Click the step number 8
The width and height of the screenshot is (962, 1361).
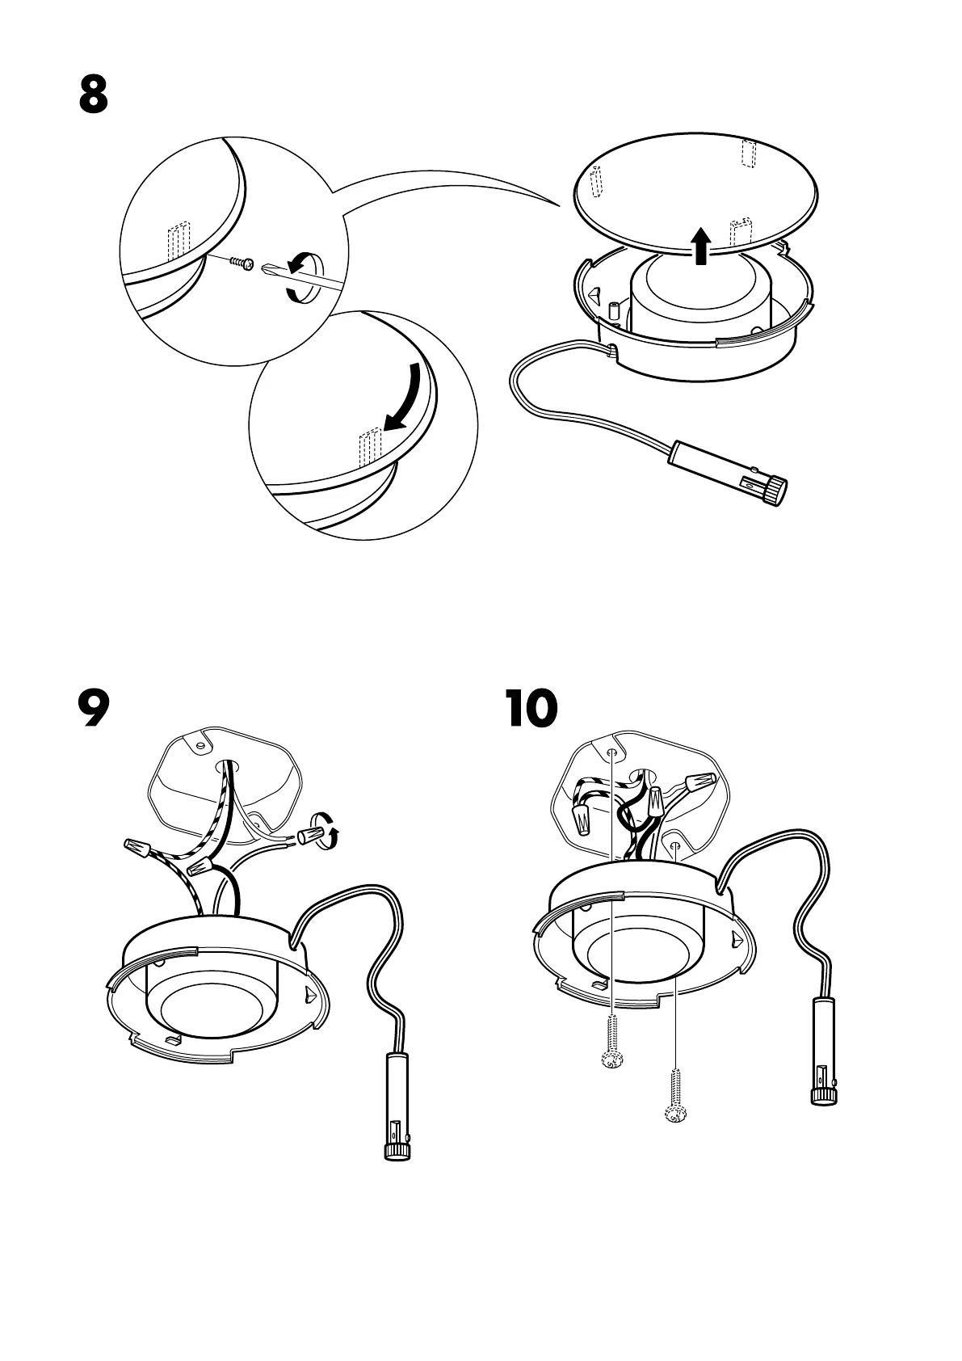94,95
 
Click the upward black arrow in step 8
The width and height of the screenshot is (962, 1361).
702,245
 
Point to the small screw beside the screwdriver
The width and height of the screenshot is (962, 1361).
242,263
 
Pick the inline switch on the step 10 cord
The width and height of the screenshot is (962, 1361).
825,1061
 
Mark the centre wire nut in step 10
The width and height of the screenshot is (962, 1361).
656,803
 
